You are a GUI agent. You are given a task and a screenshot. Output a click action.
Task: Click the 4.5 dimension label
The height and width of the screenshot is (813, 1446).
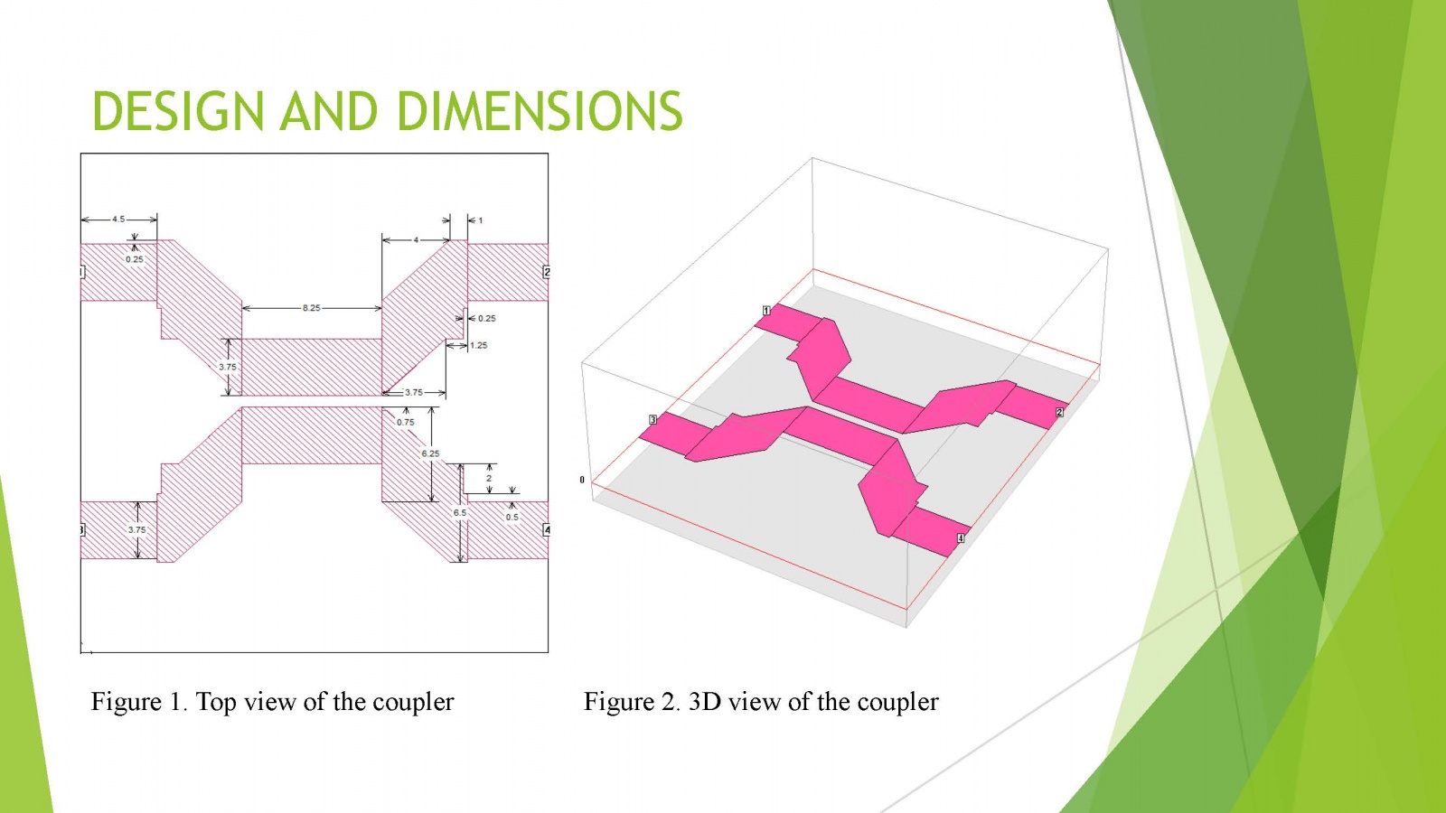[118, 220]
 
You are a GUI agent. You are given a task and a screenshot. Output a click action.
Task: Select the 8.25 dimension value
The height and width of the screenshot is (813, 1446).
[311, 308]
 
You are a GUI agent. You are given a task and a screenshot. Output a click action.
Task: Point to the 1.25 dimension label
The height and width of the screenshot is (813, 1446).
[478, 345]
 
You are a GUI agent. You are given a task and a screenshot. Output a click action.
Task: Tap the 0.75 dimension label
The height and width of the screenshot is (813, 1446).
[406, 422]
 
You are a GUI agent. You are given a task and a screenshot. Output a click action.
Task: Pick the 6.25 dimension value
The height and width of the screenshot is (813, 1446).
[430, 453]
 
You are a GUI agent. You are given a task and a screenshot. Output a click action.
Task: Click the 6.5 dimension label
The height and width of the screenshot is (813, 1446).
[460, 512]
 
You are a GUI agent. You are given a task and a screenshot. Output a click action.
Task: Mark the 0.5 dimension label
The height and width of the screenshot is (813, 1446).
[512, 518]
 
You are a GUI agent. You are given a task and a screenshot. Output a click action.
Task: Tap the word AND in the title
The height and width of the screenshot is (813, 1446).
[330, 111]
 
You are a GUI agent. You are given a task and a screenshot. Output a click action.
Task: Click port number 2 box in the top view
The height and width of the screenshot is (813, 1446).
[547, 272]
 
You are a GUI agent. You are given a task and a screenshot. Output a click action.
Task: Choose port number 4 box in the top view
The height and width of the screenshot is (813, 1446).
[547, 529]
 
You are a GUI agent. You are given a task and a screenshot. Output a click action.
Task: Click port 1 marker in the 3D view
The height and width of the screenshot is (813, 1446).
[767, 311]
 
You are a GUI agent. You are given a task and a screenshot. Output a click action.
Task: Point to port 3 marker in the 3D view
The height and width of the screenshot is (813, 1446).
[653, 419]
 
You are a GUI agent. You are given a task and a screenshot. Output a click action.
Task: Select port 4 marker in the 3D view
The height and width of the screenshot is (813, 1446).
[961, 538]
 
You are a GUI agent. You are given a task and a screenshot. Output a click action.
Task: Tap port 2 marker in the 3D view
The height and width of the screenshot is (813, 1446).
[1059, 412]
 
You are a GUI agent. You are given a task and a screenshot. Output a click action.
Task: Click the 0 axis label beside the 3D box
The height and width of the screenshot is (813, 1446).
[582, 480]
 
